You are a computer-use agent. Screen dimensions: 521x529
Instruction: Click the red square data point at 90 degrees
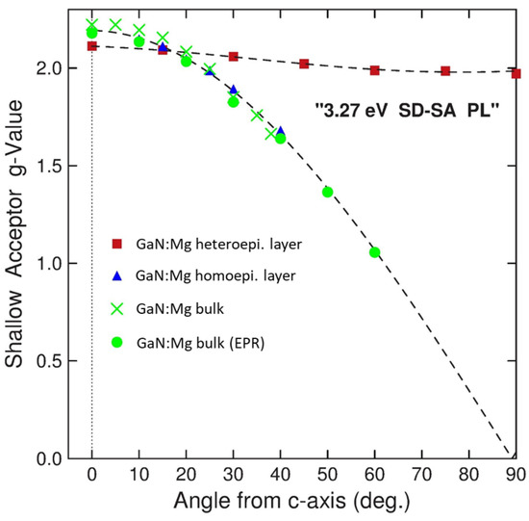tap(516, 73)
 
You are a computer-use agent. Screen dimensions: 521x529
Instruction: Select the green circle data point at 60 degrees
tap(375, 252)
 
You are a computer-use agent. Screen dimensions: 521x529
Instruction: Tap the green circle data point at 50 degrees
tap(328, 192)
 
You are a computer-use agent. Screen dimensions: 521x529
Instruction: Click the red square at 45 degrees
tap(304, 64)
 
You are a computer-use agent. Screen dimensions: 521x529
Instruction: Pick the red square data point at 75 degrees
tap(445, 71)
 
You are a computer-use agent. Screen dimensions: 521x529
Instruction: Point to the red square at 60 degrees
tap(375, 69)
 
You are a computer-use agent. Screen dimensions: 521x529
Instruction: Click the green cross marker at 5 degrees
tap(115, 25)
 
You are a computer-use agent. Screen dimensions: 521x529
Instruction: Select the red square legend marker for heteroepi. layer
tap(116, 246)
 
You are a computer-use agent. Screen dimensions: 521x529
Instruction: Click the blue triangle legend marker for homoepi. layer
tap(116, 276)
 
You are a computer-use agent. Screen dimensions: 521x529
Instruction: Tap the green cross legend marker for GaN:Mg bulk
tap(116, 307)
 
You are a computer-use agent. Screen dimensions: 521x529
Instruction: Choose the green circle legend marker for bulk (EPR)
tap(116, 339)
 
